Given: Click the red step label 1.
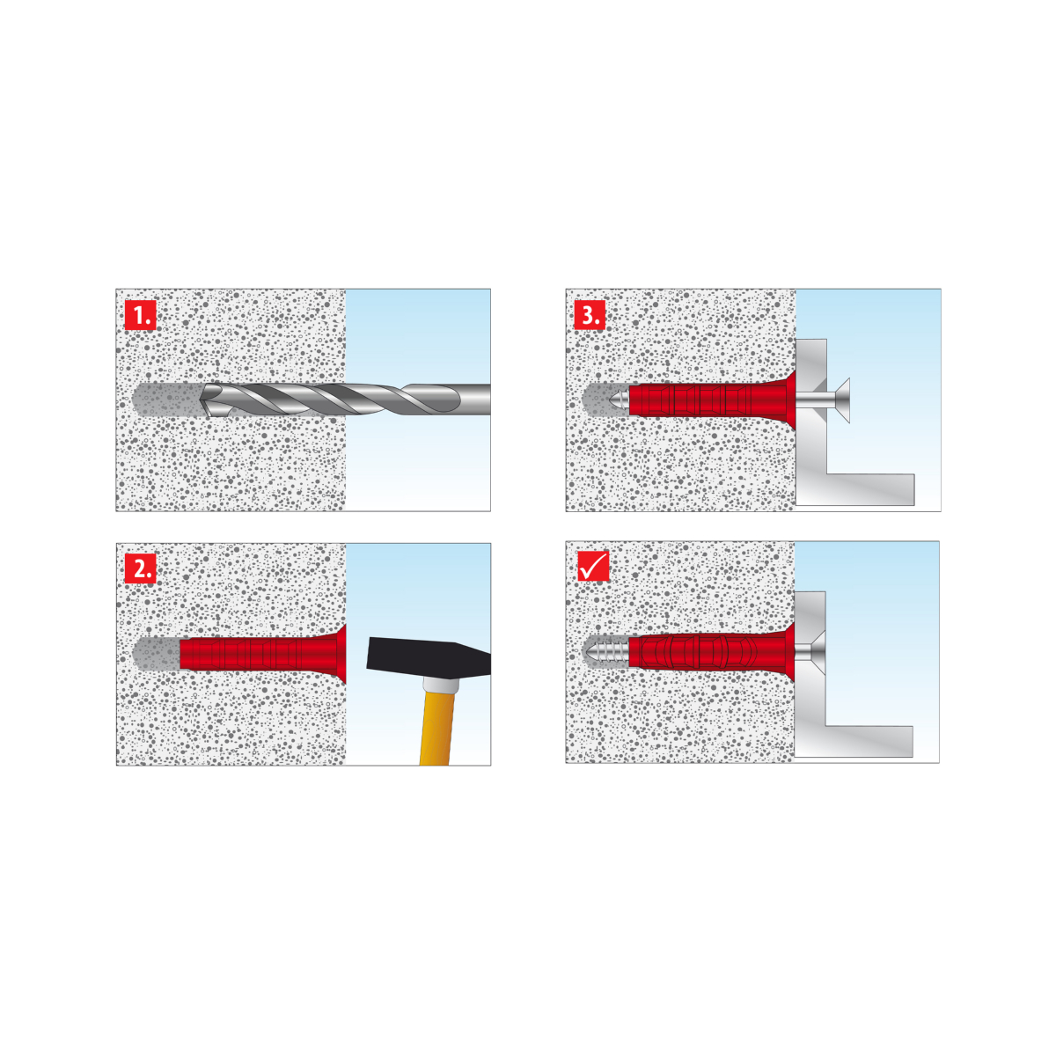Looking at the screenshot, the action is tap(140, 314).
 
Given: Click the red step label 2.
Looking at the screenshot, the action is tap(140, 568).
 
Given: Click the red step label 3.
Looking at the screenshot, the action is tap(590, 314).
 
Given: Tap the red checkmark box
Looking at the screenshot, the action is tap(593, 566).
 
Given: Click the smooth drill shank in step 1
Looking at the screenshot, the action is tap(473, 400).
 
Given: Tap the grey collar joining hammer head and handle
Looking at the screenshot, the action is tap(440, 685).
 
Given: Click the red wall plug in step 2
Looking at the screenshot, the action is tap(263, 654).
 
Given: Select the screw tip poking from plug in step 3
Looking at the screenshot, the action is tap(620, 399).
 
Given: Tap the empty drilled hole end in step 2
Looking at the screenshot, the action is tap(156, 653).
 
